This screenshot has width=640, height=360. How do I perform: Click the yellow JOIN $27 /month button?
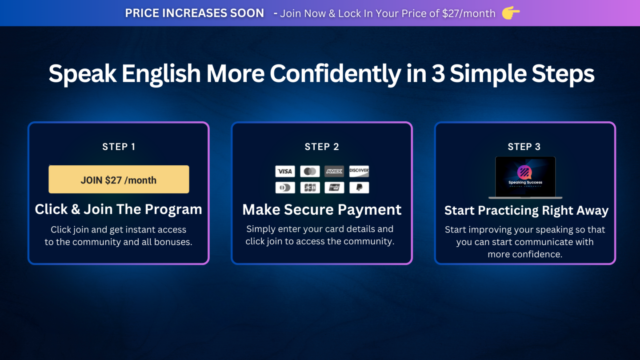tap(119, 180)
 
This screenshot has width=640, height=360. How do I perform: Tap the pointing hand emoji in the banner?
tap(511, 13)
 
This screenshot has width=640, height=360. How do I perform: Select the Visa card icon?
tap(285, 172)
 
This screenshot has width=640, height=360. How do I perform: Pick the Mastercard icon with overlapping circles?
tap(310, 172)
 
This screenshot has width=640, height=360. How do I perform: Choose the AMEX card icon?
tap(334, 172)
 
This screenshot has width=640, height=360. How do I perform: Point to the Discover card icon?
tap(359, 171)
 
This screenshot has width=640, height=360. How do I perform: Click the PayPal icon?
tap(359, 188)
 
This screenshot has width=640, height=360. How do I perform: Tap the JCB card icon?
tap(310, 188)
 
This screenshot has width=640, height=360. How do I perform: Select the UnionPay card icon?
tap(334, 188)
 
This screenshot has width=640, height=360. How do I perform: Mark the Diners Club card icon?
tap(285, 188)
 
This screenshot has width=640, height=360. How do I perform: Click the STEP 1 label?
tap(119, 147)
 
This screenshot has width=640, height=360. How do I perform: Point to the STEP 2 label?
tap(322, 147)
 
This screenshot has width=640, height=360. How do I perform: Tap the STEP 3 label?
tap(524, 147)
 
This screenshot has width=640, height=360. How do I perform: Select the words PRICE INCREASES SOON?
tap(194, 13)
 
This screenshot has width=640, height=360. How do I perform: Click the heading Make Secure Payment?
tap(322, 210)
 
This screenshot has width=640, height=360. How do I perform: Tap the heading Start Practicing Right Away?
tap(526, 211)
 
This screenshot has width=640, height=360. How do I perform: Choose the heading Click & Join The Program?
tap(119, 209)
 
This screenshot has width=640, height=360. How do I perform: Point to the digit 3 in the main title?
tap(437, 74)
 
